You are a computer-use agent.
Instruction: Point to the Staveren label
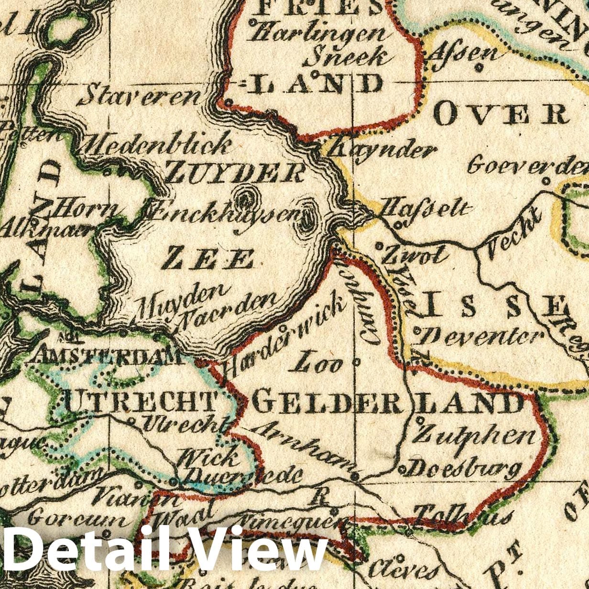pos(140,96)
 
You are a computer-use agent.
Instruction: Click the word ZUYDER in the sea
pos(235,172)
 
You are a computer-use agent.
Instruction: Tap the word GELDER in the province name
pos(327,404)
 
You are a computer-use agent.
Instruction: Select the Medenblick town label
pos(157,144)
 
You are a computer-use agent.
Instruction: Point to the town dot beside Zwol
pos(379,246)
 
